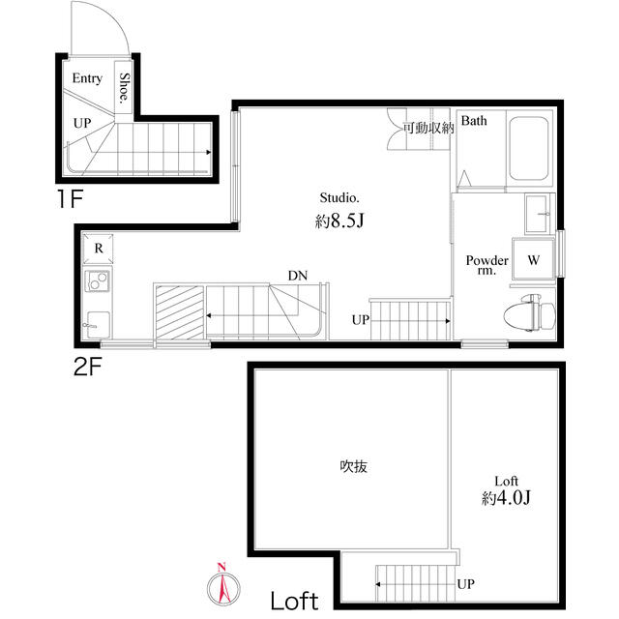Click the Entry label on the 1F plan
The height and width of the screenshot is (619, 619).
(x=87, y=79)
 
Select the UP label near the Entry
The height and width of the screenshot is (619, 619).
(x=83, y=124)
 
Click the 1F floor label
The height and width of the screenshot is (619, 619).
(x=74, y=201)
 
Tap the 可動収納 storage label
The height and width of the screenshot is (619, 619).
(x=428, y=128)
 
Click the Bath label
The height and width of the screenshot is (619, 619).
(x=474, y=121)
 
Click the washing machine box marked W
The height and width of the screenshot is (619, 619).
(x=532, y=260)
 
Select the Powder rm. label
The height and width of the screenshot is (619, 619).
(x=486, y=265)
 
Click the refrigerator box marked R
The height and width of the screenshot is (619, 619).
(x=99, y=248)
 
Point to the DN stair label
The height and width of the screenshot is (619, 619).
(x=298, y=276)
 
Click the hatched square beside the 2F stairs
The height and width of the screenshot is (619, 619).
(x=179, y=310)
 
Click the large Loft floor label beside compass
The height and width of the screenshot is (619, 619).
(x=294, y=601)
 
